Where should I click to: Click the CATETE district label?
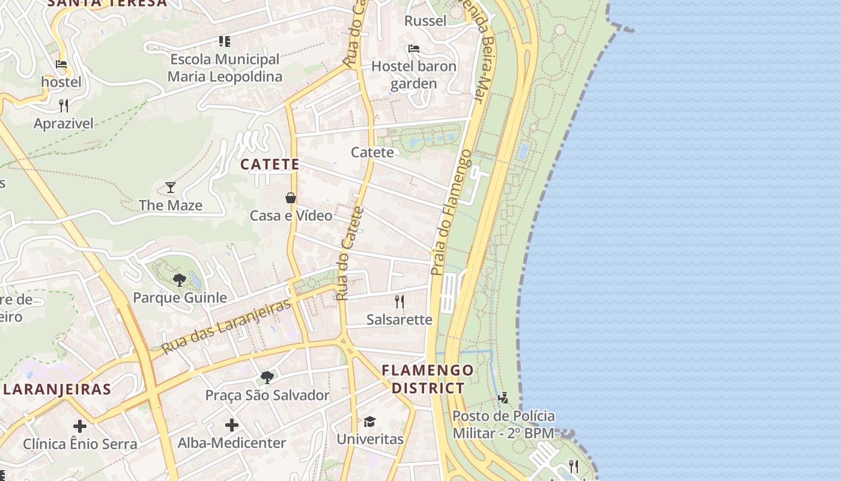(x=270, y=164)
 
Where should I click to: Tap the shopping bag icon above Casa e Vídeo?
(x=291, y=198)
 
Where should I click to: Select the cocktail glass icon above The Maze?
(x=171, y=187)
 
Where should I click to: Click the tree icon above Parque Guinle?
(x=179, y=280)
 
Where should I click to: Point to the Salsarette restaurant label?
(x=399, y=319)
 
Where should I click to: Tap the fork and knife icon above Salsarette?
(x=399, y=301)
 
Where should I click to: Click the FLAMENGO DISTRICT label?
(x=428, y=379)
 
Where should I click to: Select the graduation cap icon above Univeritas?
(x=369, y=421)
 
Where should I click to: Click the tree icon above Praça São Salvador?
(x=267, y=378)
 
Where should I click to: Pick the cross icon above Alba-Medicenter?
(x=232, y=426)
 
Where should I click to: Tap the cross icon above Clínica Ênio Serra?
(x=80, y=426)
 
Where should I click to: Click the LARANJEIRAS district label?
(x=57, y=389)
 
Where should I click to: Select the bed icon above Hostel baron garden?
(x=413, y=49)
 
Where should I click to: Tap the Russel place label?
(x=425, y=21)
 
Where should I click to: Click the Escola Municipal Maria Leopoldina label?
(x=225, y=68)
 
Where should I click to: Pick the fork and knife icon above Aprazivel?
(x=64, y=106)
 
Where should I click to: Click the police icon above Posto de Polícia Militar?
(x=503, y=397)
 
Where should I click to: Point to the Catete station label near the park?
(x=372, y=152)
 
